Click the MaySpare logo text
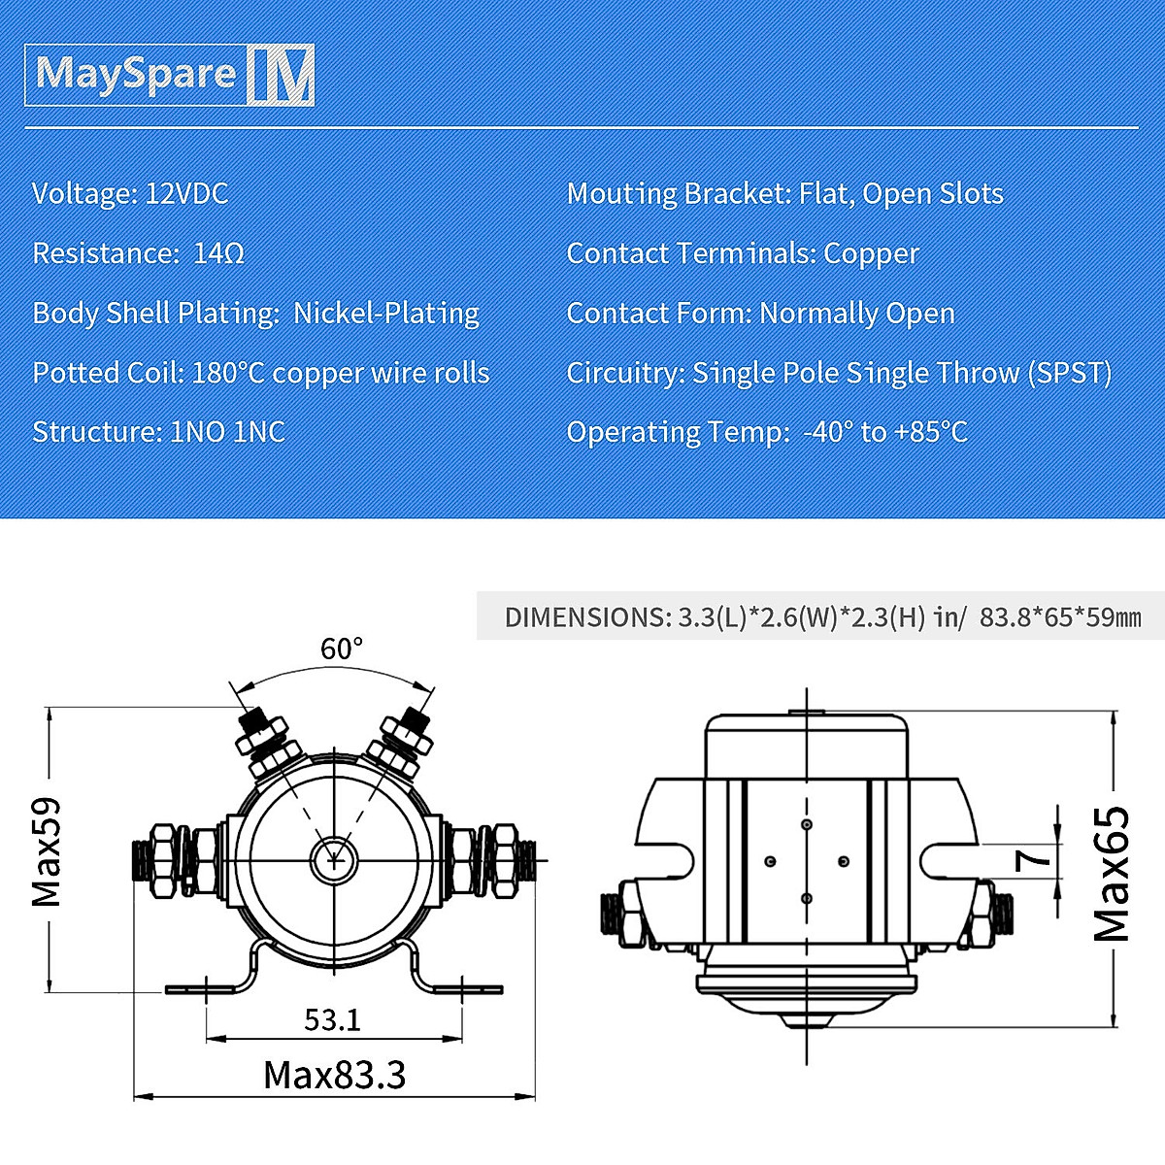pyautogui.click(x=136, y=74)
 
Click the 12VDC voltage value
pyautogui.click(x=186, y=193)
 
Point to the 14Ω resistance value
pyautogui.click(x=218, y=253)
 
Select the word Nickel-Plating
pyautogui.click(x=386, y=314)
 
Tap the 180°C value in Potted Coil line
pyautogui.click(x=228, y=373)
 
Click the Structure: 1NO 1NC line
pyautogui.click(x=158, y=432)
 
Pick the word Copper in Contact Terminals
pyautogui.click(x=871, y=253)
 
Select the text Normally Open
pyautogui.click(x=857, y=314)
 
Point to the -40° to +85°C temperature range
pyautogui.click(x=885, y=432)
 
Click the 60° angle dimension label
pyautogui.click(x=342, y=649)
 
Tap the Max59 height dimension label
pyautogui.click(x=47, y=851)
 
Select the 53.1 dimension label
pyautogui.click(x=332, y=1020)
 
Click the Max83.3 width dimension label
pyautogui.click(x=334, y=1076)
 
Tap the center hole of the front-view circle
pyautogui.click(x=334, y=858)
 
